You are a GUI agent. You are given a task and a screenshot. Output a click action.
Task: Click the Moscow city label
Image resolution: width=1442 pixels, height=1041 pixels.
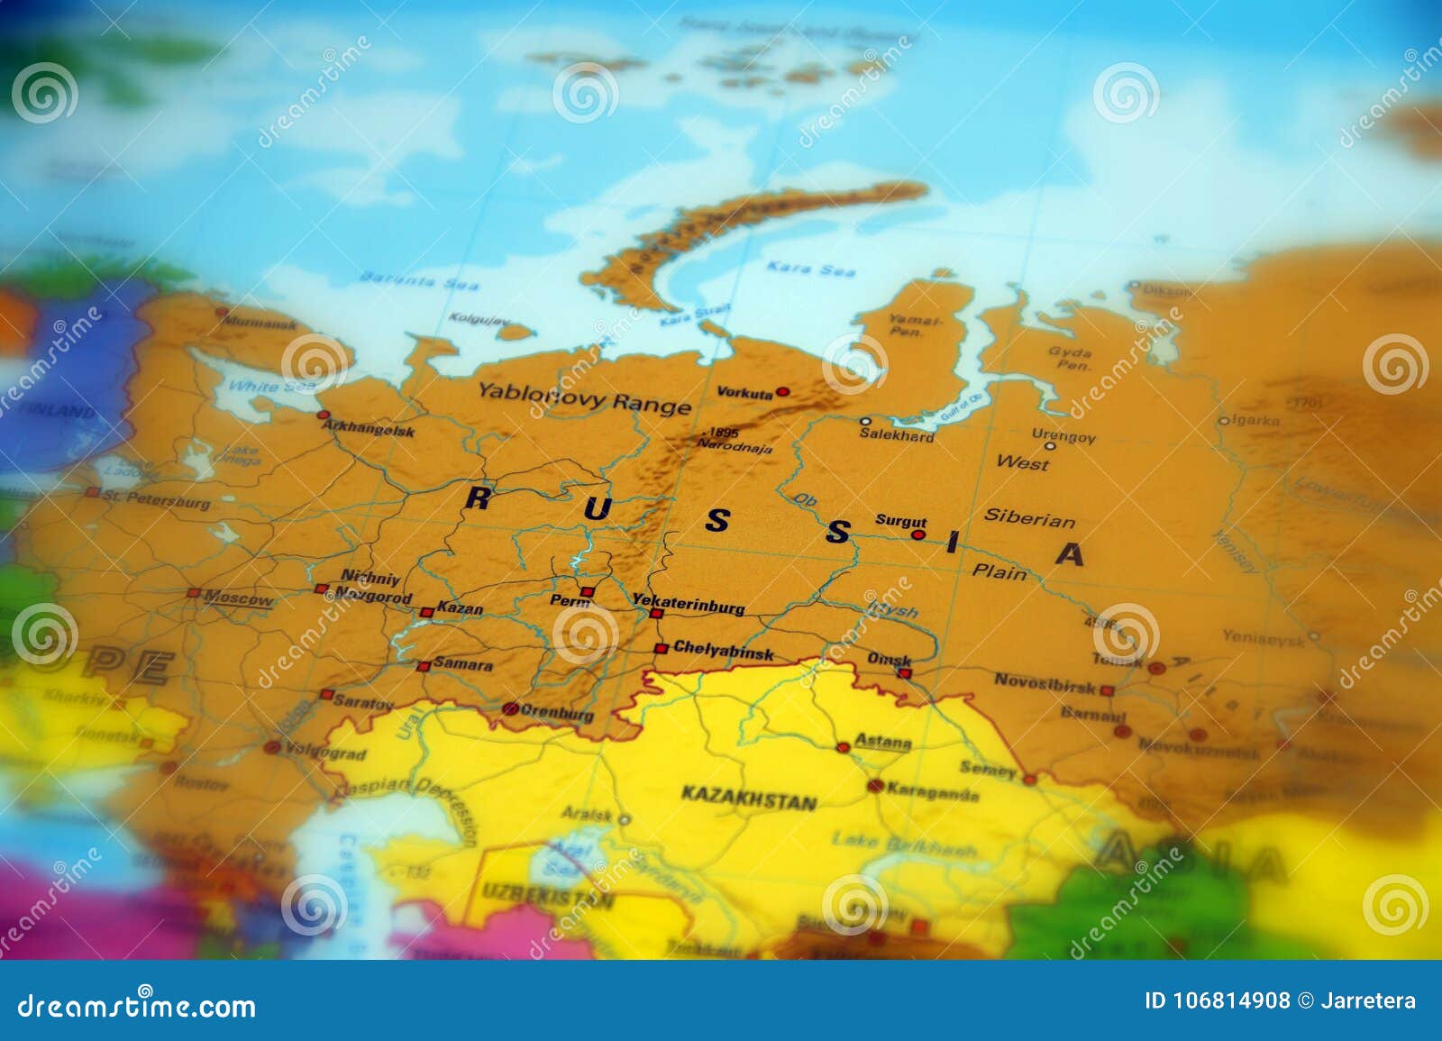238,598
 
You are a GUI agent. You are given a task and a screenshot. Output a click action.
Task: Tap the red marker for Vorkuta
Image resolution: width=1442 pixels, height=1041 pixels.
783,392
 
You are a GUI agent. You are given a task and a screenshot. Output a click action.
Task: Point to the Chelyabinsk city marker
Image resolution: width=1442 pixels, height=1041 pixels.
661,648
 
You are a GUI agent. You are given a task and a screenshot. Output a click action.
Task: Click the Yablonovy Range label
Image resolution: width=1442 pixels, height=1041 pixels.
584,397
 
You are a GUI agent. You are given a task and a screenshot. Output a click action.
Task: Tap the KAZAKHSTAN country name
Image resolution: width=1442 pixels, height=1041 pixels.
749,799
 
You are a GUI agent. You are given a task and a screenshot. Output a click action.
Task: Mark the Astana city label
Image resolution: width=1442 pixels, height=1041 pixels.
882,742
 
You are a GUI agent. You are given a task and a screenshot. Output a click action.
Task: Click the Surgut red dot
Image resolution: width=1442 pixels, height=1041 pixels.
918,534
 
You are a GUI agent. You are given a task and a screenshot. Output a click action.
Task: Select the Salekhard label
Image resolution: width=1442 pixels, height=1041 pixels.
896,435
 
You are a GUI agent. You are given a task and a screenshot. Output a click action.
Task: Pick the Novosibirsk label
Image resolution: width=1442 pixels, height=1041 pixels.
1045,682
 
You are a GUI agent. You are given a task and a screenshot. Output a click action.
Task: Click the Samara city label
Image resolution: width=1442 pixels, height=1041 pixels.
463,665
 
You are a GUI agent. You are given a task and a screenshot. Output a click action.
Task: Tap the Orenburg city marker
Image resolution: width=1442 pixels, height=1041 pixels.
510,708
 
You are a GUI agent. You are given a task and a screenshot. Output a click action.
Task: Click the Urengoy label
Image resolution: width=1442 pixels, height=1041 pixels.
1064,437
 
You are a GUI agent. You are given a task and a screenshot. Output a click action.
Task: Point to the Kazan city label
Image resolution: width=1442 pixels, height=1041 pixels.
460,609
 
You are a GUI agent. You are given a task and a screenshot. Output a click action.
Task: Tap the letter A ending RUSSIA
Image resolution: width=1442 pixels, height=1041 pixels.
1069,553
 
